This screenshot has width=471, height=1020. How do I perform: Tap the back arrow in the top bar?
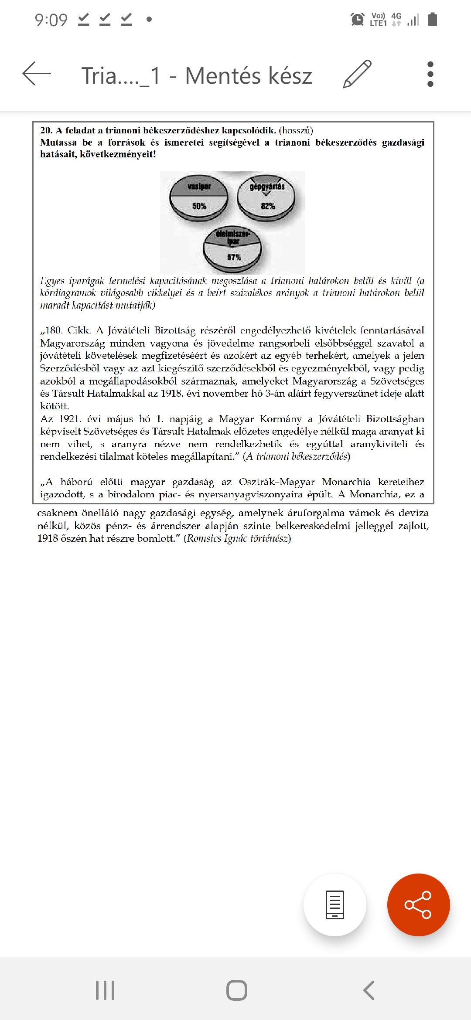[x=37, y=74]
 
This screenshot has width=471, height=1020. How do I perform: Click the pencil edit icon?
[x=357, y=74]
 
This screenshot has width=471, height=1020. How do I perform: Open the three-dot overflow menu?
[x=430, y=74]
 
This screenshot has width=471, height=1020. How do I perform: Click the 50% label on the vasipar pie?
[x=199, y=206]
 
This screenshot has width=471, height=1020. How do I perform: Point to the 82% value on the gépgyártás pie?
[x=268, y=206]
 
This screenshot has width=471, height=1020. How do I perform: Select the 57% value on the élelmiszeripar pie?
[x=234, y=257]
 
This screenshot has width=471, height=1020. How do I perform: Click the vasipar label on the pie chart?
[x=199, y=187]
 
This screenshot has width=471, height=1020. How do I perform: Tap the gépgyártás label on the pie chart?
[x=267, y=187]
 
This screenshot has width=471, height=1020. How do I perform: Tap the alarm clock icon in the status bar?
[x=357, y=20]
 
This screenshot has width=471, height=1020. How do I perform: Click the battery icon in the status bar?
[x=433, y=20]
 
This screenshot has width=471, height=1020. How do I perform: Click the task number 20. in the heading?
[x=46, y=130]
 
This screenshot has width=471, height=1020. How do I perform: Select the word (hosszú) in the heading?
[x=296, y=130]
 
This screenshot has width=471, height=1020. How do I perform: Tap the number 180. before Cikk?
[x=53, y=330]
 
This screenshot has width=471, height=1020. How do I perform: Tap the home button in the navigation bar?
[x=236, y=990]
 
